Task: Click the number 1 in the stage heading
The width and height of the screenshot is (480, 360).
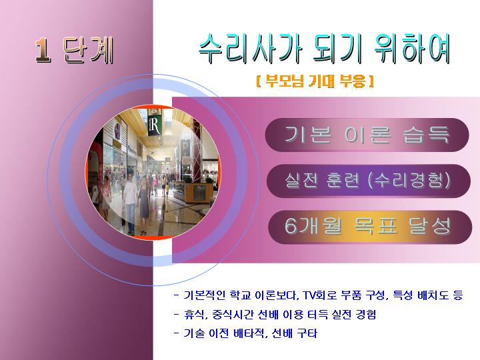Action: [43, 50]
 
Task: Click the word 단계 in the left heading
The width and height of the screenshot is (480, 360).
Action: [88, 50]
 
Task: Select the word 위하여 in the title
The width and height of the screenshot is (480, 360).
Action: [413, 49]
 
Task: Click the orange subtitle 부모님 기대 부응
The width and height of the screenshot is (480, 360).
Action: [315, 81]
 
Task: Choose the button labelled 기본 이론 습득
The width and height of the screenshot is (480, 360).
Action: [367, 135]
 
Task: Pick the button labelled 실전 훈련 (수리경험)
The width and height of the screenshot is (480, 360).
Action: [368, 181]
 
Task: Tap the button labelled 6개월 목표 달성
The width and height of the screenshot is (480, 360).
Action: [370, 227]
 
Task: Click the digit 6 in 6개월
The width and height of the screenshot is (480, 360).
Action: [291, 226]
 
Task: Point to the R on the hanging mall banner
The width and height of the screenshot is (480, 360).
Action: [155, 125]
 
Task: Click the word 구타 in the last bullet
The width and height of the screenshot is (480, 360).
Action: [307, 333]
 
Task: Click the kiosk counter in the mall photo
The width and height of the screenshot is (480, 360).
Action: [193, 192]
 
